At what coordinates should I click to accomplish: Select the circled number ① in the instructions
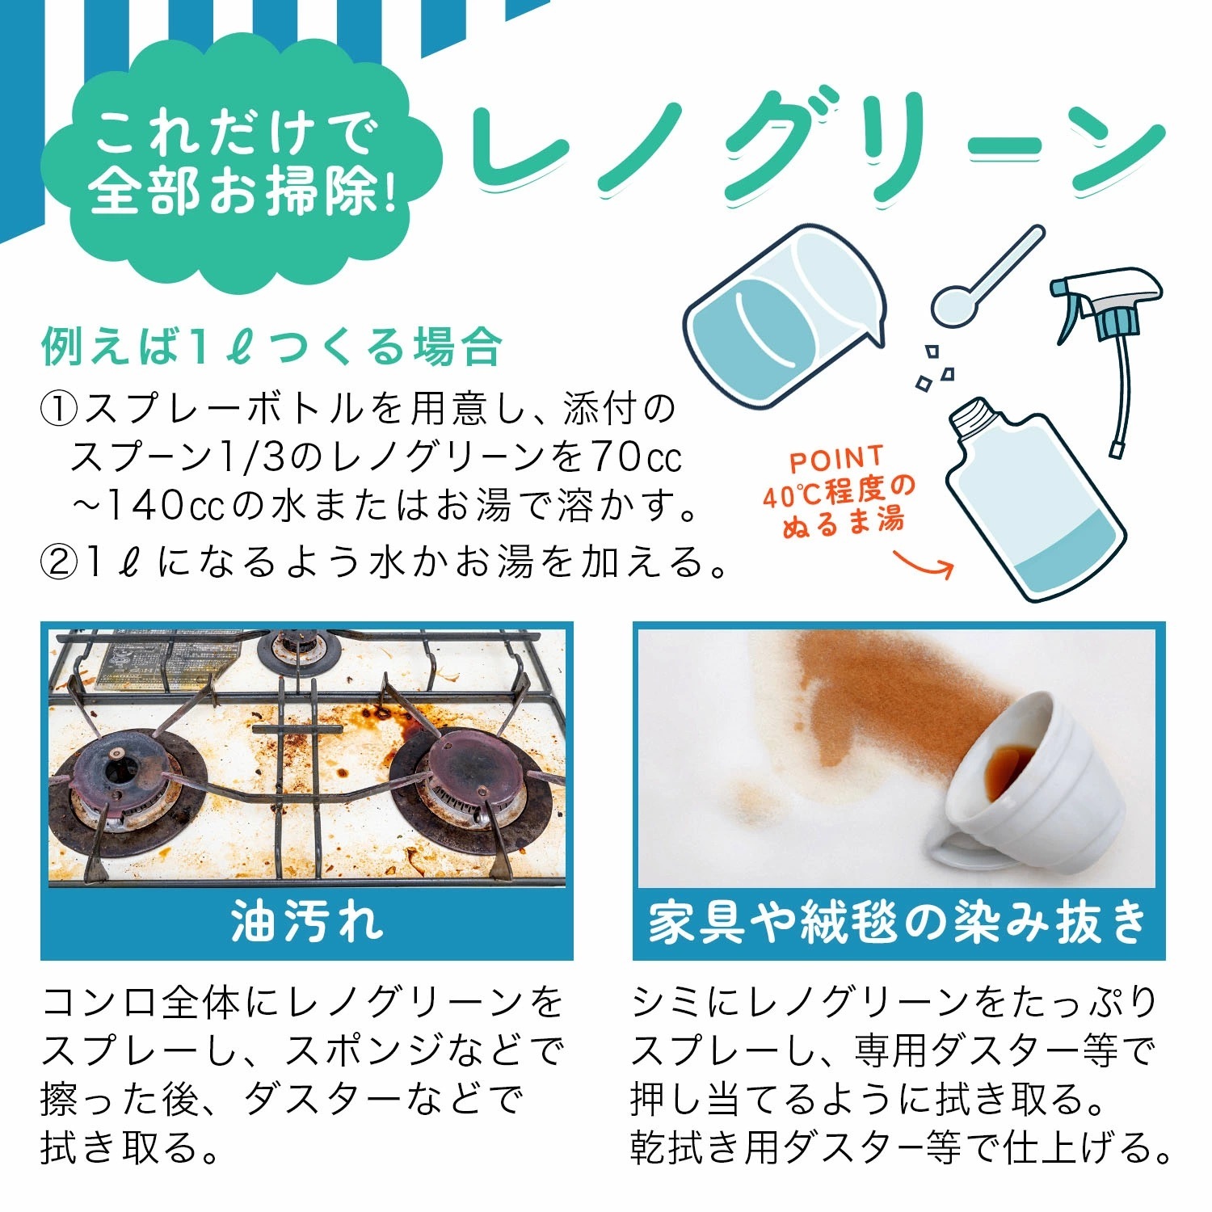[x=58, y=410]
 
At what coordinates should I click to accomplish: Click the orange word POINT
[x=836, y=461]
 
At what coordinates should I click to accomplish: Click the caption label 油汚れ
[x=307, y=923]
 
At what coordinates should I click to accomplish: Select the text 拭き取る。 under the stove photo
[x=131, y=1147]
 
